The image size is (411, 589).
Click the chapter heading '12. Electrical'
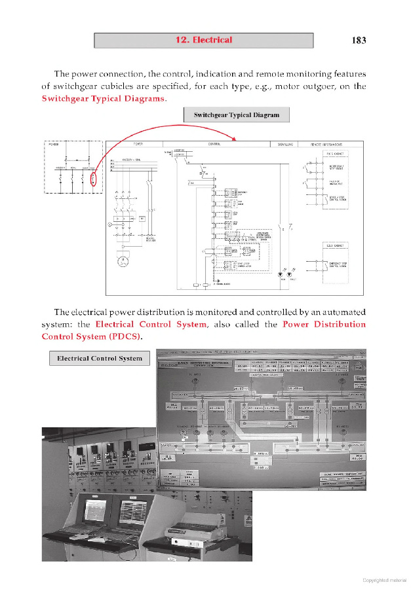(203, 40)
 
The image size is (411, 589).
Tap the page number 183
(359, 40)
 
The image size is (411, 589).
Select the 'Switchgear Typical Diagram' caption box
(236, 115)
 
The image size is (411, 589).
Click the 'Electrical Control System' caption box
(99, 359)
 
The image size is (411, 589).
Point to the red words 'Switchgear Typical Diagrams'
(103, 98)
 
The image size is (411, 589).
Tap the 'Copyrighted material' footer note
(384, 579)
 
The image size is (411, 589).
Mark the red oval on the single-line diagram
(94, 179)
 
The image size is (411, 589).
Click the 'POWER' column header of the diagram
(139, 144)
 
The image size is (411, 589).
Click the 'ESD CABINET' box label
(336, 245)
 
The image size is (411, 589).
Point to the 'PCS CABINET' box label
(336, 154)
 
